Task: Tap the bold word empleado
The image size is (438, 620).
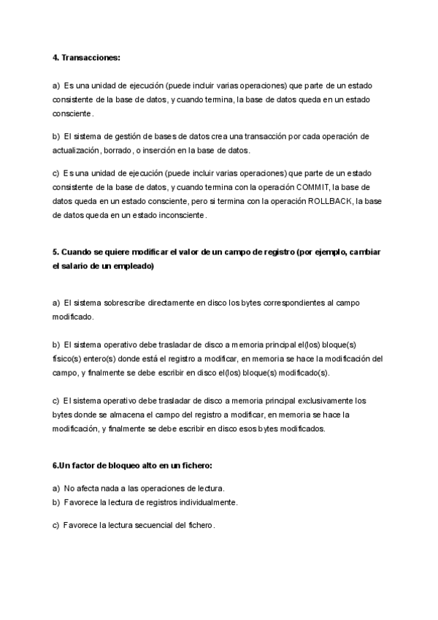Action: point(132,266)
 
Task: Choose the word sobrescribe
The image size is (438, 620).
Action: point(118,302)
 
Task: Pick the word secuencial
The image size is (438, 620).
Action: point(148,526)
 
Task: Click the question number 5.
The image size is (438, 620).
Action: point(55,252)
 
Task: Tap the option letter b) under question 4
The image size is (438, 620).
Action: point(56,136)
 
